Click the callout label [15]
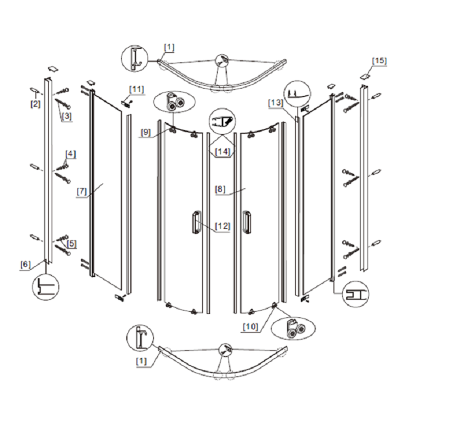pyautogui.click(x=379, y=61)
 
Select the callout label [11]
pyautogui.click(x=136, y=90)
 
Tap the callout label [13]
pyautogui.click(x=276, y=103)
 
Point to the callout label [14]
pyautogui.click(x=222, y=151)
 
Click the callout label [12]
pyautogui.click(x=222, y=226)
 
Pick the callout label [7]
pyautogui.click(x=81, y=191)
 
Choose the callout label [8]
pyautogui.click(x=220, y=190)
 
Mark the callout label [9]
pyautogui.click(x=145, y=132)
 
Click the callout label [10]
pyautogui.click(x=250, y=327)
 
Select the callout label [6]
pyautogui.click(x=25, y=265)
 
